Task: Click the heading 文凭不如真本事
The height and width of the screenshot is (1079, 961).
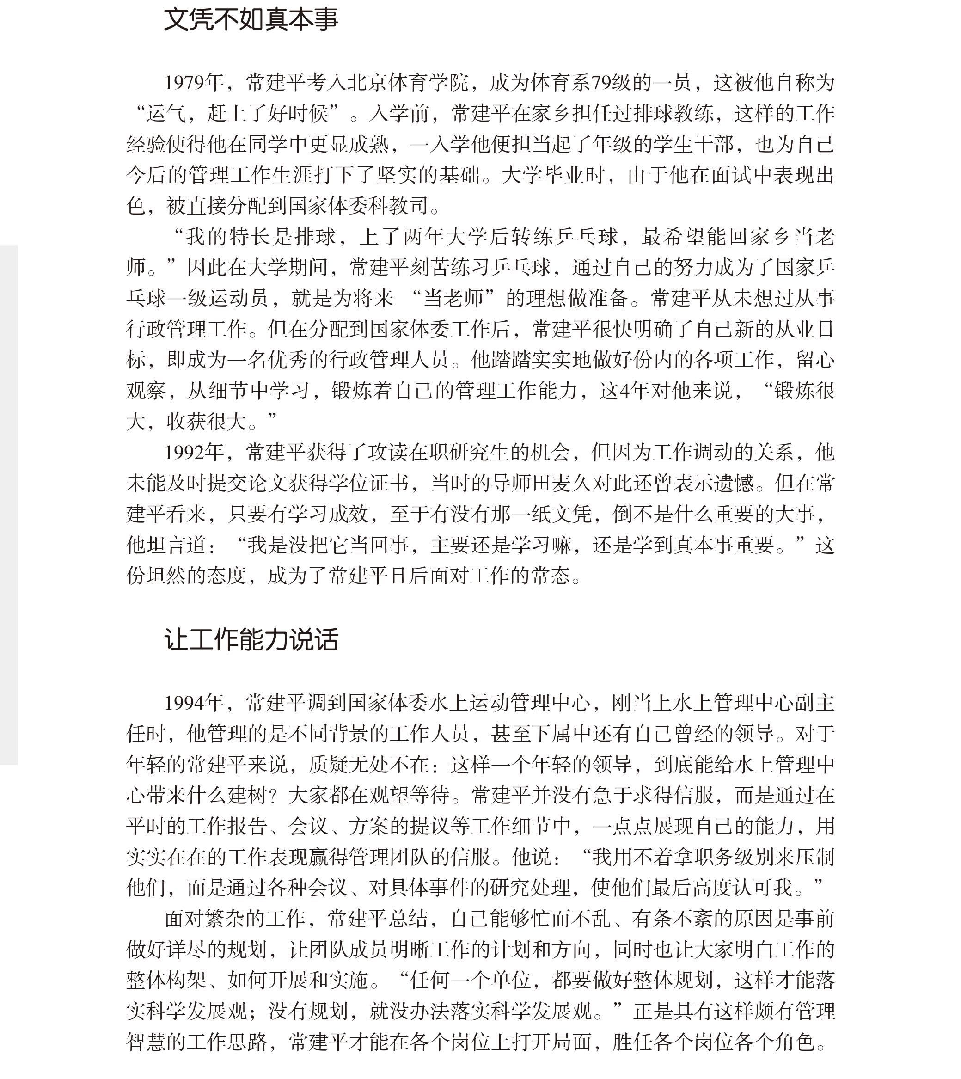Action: [251, 19]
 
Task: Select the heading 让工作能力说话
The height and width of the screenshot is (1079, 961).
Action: [251, 639]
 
